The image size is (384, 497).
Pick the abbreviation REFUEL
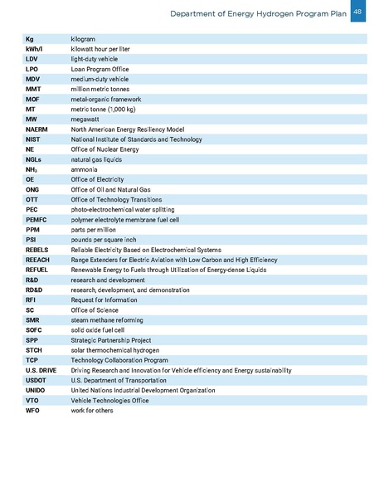tap(36, 270)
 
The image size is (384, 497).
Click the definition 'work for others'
tap(92, 410)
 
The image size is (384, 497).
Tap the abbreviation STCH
tap(32, 350)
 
